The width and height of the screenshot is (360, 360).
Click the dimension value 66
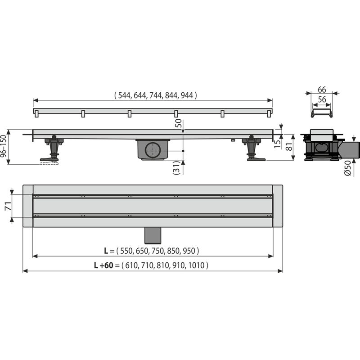coord(321,90)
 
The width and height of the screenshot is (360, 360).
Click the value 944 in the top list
coord(188,95)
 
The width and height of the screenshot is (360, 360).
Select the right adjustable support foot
coord(252,149)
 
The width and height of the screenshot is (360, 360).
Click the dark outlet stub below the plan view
coord(153,234)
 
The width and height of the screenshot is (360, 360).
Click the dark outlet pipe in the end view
coord(351,149)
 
